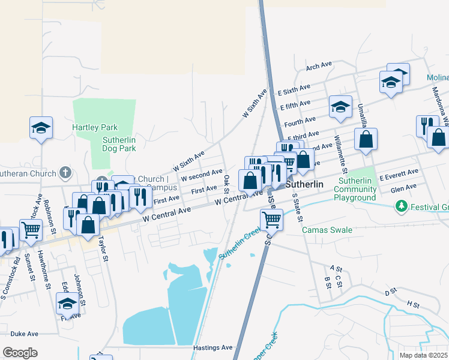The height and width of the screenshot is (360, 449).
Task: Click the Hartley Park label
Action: [95, 127]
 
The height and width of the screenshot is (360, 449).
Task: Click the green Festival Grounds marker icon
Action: [400, 206]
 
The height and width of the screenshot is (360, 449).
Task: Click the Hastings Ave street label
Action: [212, 347]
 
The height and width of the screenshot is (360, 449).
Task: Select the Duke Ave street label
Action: [24, 334]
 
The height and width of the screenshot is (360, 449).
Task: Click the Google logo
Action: [20, 352]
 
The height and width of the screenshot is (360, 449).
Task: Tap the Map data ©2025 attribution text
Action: [424, 355]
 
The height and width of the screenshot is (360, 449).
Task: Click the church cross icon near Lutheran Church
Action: [66, 173]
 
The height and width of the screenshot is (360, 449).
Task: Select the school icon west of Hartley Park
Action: [41, 128]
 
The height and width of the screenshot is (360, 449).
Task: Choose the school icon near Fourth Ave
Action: [340, 107]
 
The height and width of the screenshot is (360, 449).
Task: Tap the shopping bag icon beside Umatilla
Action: [366, 140]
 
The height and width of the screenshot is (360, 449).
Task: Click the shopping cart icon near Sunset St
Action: [31, 229]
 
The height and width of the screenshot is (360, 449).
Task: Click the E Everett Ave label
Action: [399, 172]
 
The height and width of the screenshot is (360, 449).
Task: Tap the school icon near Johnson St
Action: [67, 303]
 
